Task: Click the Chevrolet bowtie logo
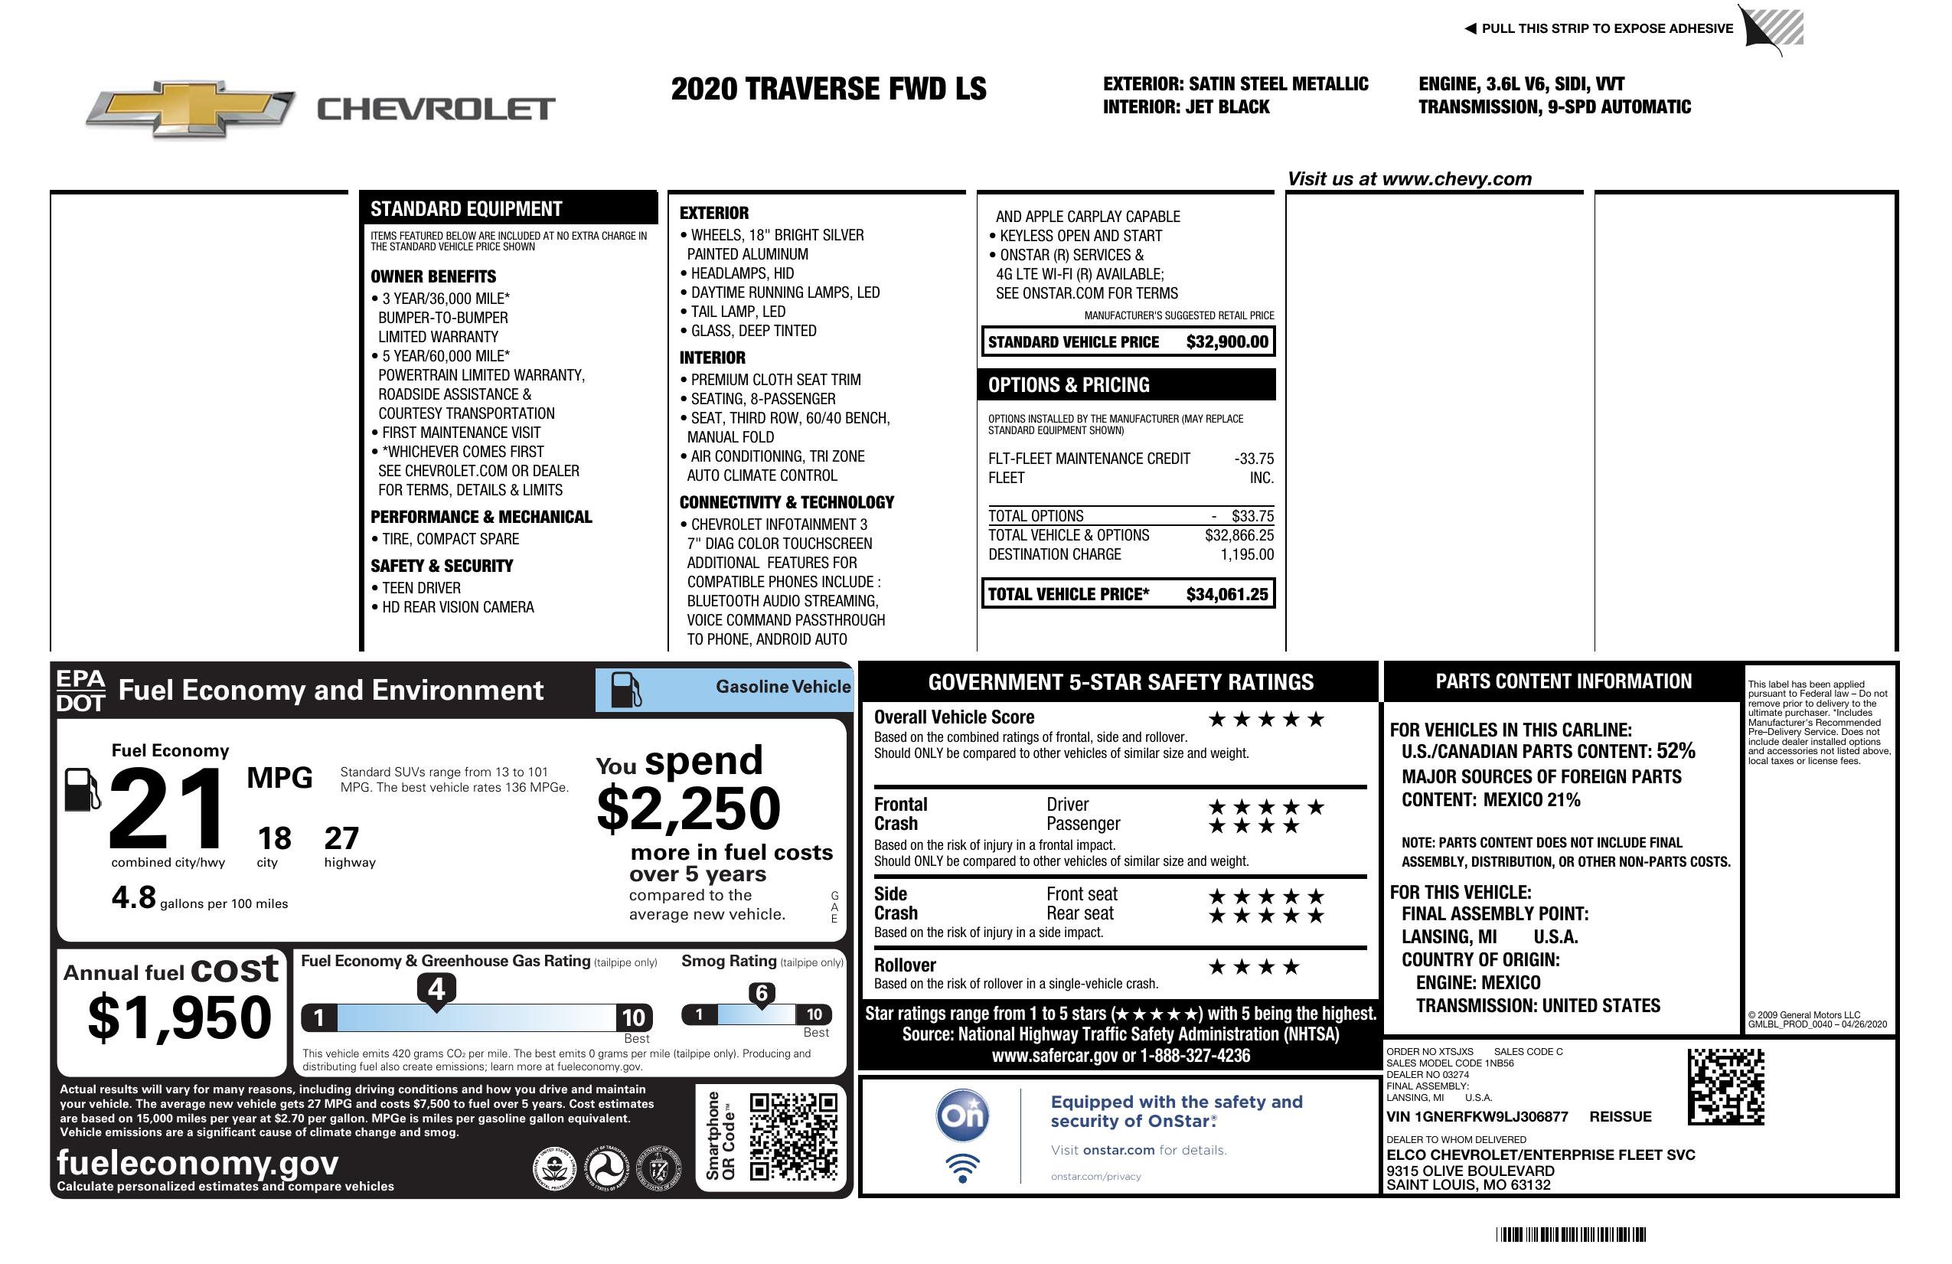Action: pos(191,108)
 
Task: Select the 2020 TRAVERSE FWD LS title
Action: pos(828,89)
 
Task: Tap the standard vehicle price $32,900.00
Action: pos(1226,342)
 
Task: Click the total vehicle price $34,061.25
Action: pos(1226,595)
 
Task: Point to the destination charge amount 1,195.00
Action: pos(1247,554)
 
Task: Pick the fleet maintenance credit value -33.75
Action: pos(1254,459)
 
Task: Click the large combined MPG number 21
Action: pos(167,808)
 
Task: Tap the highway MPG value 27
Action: pos(341,838)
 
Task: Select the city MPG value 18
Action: pos(274,838)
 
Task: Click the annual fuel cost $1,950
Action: pos(180,1018)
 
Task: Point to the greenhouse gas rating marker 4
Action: pos(436,989)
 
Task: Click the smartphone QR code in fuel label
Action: pos(793,1135)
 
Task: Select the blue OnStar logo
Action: pos(962,1115)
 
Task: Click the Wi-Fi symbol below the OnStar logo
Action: pos(962,1168)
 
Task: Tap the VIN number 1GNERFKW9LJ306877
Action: pos(1477,1117)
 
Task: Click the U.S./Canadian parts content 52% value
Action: pos(1676,751)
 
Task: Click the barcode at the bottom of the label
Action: pos(1570,1234)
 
